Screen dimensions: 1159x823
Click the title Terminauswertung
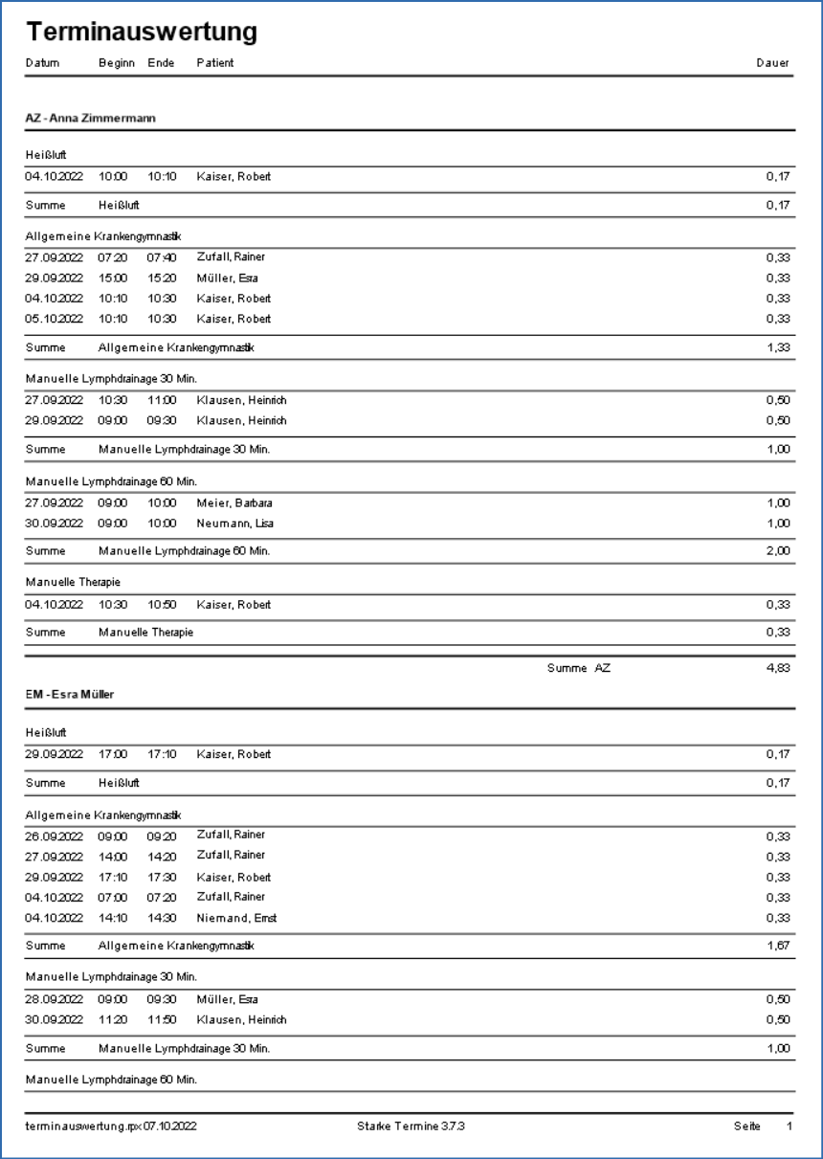(142, 32)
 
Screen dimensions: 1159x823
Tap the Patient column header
(215, 63)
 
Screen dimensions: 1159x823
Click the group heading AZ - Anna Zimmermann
(91, 118)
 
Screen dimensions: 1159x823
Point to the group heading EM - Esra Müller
(70, 695)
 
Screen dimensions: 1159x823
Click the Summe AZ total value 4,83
(777, 668)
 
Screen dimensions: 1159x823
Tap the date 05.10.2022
(55, 319)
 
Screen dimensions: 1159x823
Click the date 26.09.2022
(55, 835)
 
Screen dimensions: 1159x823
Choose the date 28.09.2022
(55, 999)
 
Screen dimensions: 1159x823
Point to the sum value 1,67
(777, 946)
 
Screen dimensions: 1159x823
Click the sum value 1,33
(777, 347)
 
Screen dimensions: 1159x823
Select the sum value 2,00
(777, 551)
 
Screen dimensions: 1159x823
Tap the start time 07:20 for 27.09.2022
(113, 257)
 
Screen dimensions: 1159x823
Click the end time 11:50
(162, 1020)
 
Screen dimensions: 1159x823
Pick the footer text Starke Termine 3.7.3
(411, 1127)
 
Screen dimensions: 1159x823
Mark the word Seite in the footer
(747, 1127)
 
